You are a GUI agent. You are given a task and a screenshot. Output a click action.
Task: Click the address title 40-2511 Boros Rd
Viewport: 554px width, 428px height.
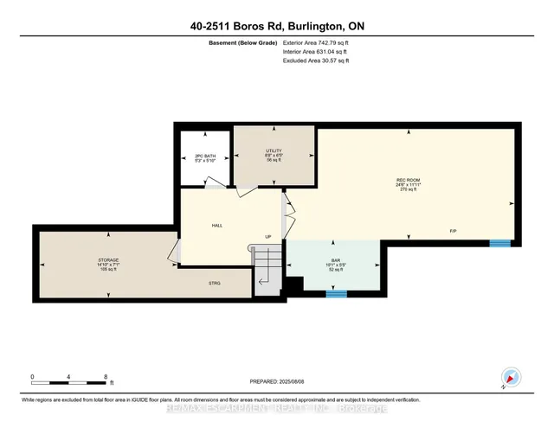tap(277, 27)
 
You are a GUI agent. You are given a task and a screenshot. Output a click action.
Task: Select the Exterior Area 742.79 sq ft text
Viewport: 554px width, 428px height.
tap(319, 42)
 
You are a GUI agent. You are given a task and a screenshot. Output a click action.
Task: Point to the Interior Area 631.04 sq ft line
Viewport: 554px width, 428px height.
tap(317, 51)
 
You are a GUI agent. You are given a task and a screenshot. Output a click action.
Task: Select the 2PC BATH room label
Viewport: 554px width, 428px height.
tap(204, 157)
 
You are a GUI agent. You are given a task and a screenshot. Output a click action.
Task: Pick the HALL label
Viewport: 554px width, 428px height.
tap(217, 225)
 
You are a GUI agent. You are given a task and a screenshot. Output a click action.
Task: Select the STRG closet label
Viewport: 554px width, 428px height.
tap(214, 282)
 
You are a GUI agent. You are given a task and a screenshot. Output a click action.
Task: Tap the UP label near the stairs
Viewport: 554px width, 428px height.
tap(268, 236)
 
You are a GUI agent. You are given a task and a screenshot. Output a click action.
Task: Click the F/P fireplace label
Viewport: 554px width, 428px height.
tap(453, 232)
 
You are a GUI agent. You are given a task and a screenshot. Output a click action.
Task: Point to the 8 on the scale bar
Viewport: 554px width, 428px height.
tap(105, 378)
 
